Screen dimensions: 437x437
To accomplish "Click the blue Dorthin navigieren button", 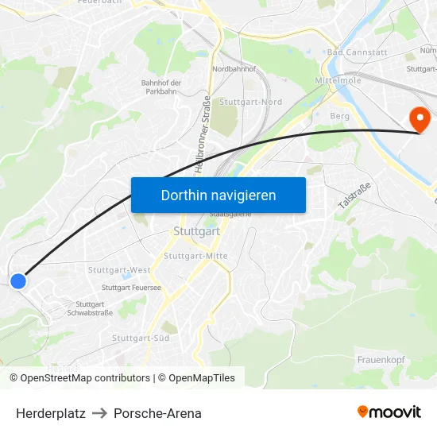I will pos(218,195).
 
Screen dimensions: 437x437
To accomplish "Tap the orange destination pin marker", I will pos(419,120).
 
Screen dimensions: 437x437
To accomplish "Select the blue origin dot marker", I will pos(18,280).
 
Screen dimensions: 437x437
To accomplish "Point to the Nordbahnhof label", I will pos(234,69).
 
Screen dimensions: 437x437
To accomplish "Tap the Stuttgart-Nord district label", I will pos(250,102).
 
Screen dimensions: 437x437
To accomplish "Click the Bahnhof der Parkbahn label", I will pos(161,87).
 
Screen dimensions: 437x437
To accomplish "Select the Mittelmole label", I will pos(338,81).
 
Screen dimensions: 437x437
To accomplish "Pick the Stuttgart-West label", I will pos(119,270).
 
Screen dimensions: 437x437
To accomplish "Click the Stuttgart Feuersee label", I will pos(131,288).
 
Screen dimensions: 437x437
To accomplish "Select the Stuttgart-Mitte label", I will pos(195,256).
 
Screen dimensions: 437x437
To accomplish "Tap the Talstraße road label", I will pos(354,195).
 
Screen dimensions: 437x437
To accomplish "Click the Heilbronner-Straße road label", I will pos(202,135).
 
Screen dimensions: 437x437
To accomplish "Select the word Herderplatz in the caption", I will pos(51,413).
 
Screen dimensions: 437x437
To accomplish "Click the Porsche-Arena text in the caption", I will pos(157,413).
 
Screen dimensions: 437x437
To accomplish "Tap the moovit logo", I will pos(389,412).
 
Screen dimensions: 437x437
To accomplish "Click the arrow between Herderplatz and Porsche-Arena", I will pos(99,413).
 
